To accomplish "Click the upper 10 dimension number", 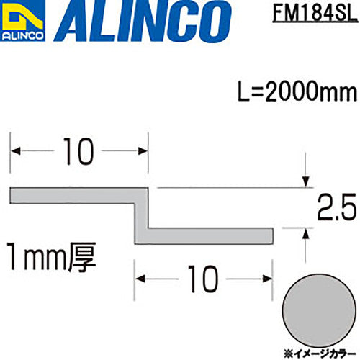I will pyautogui.click(x=79, y=150).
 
